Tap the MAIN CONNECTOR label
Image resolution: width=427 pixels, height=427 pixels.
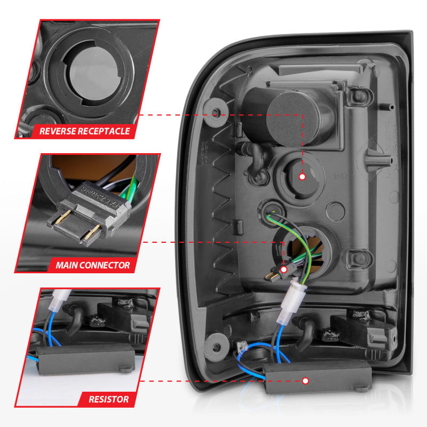[92, 265]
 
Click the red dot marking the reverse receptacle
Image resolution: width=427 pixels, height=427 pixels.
[302, 176]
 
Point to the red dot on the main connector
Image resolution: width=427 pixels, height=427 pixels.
[283, 270]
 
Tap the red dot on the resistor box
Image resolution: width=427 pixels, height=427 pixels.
[305, 381]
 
